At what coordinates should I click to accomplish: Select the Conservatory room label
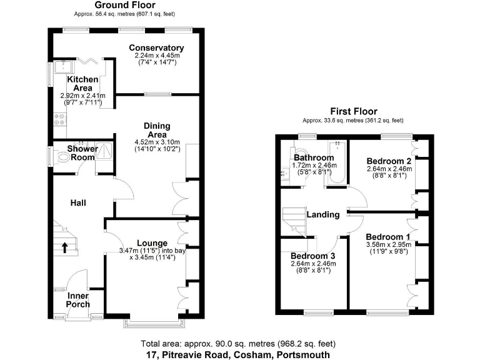(156, 48)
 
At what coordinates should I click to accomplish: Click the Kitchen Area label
(83, 84)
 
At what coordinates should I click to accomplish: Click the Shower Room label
(82, 153)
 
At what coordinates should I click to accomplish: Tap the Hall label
(78, 202)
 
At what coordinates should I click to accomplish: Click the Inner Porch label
(79, 300)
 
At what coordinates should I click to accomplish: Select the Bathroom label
(314, 157)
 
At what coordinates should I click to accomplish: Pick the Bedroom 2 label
(386, 160)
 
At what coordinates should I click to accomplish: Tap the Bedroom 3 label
(313, 256)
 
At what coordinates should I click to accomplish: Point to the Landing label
(322, 214)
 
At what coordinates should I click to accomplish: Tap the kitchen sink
(63, 67)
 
